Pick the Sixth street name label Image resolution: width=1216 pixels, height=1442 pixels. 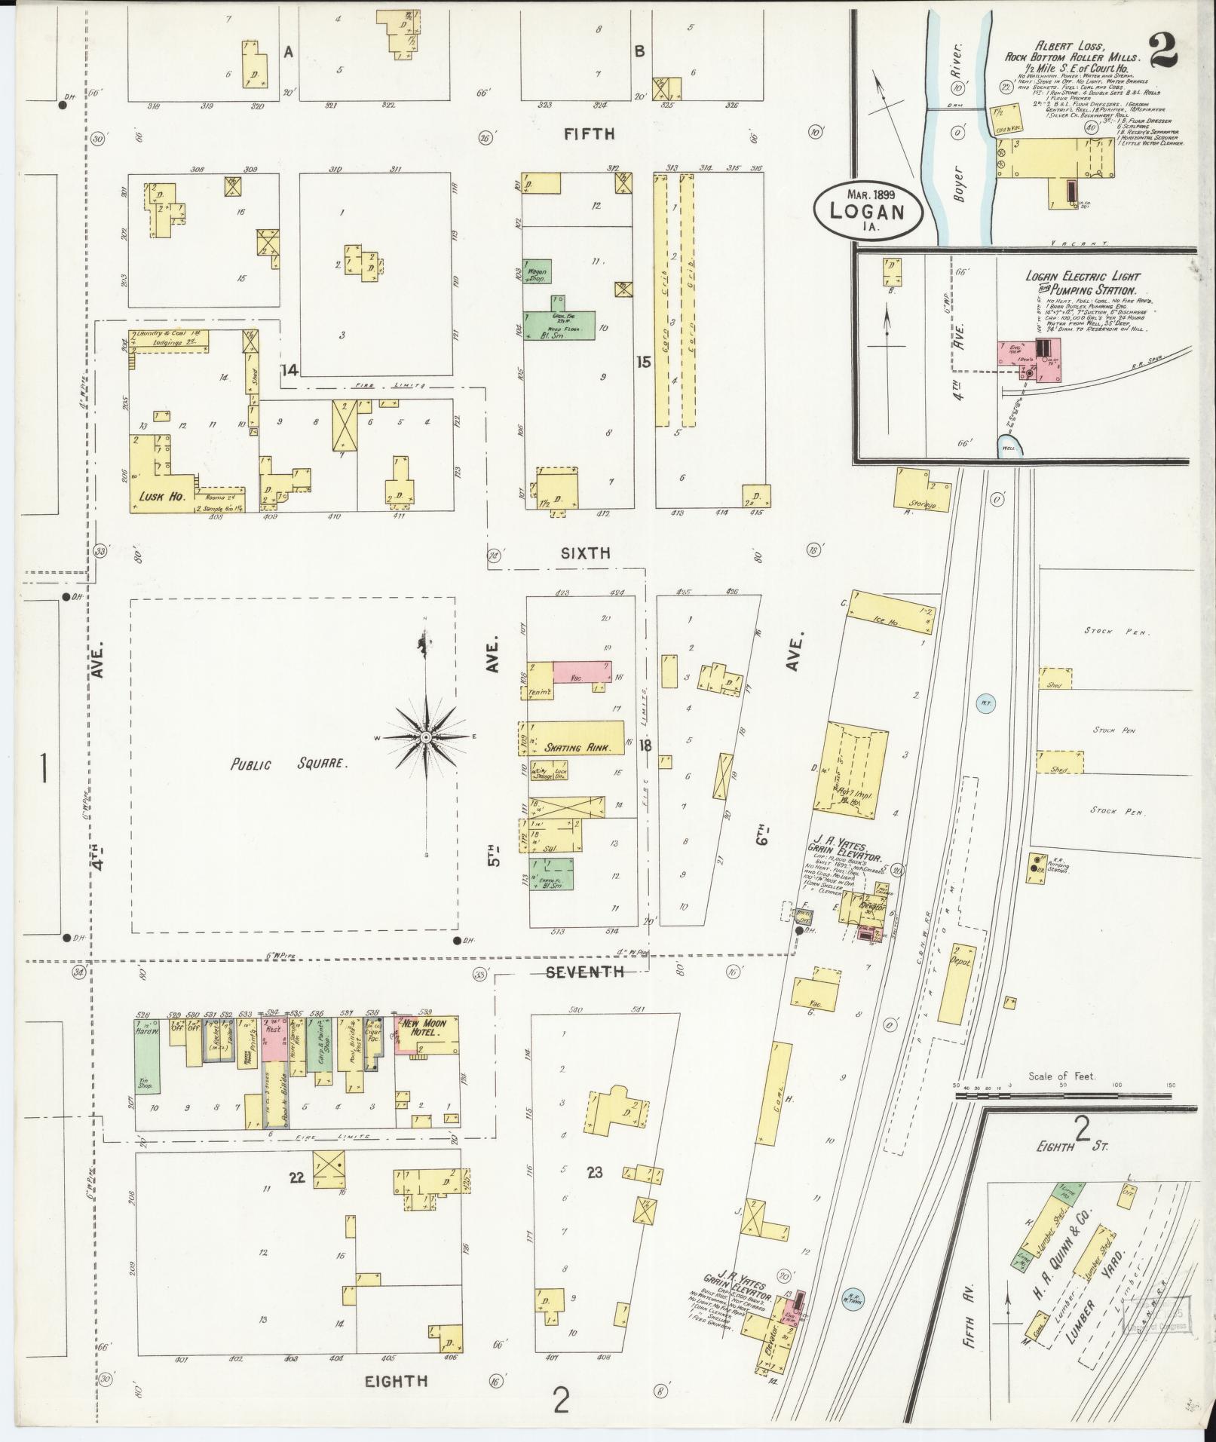586,553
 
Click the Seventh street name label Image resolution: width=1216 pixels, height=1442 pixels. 585,972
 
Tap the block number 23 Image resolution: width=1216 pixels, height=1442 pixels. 595,1193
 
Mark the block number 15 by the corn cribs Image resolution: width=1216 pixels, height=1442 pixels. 643,362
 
